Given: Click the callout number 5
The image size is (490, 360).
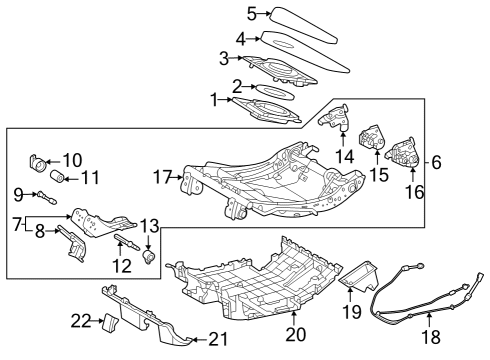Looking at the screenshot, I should click(252, 14).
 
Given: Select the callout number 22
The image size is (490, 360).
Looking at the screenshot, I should click(79, 320).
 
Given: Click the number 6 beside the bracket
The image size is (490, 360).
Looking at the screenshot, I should click(436, 161).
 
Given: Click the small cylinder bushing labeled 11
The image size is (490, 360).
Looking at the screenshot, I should click(58, 177).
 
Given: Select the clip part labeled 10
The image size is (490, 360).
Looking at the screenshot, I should click(40, 160).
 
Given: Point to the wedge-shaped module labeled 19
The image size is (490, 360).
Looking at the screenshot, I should click(361, 274).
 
